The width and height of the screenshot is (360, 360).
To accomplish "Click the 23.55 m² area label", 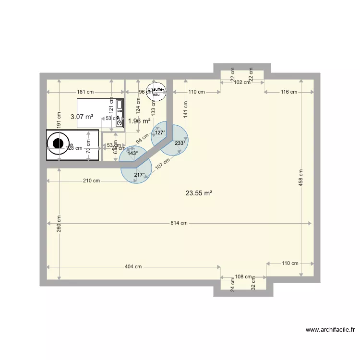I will [x=199, y=193].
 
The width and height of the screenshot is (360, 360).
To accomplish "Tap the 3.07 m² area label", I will [x=82, y=116].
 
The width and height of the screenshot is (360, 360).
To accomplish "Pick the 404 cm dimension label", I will [x=133, y=266].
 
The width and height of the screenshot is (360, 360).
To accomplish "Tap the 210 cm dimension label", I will [x=92, y=181].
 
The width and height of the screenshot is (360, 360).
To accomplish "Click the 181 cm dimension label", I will [x=85, y=92].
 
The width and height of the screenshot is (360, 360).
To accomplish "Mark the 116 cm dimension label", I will [x=289, y=92].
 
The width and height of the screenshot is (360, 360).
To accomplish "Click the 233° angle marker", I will [x=180, y=143].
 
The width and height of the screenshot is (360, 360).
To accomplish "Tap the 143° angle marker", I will [x=132, y=153].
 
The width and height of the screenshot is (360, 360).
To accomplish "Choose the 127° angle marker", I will [x=160, y=133].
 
